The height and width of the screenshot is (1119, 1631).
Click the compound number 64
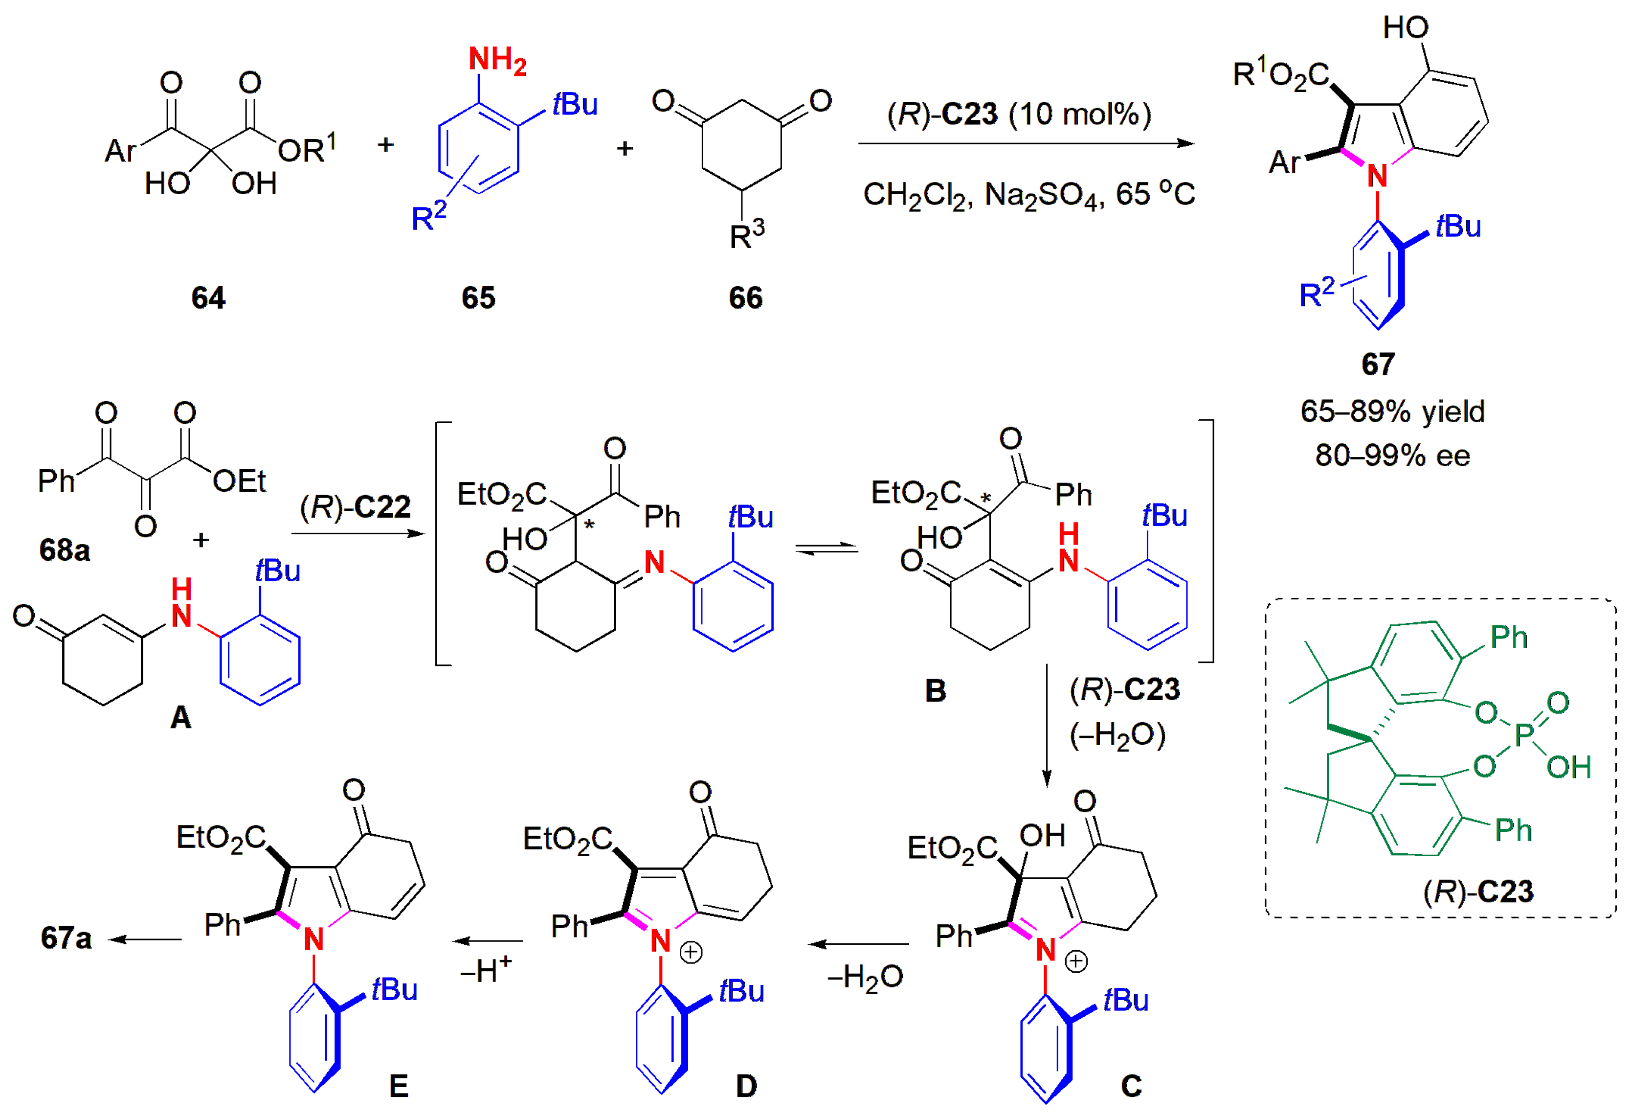(x=208, y=297)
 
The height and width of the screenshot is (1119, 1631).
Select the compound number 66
(x=745, y=297)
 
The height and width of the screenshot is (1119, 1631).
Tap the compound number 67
(x=1378, y=364)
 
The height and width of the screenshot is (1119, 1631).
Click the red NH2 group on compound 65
(x=497, y=60)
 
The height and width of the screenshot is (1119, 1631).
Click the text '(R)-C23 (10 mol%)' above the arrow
(x=1019, y=114)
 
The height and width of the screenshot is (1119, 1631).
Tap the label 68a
(x=65, y=549)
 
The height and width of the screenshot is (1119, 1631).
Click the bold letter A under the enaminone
(x=181, y=717)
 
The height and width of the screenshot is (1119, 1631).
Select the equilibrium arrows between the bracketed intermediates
(x=827, y=549)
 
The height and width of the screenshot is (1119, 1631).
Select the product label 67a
(x=66, y=938)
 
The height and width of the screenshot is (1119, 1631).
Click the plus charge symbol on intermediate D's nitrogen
(x=692, y=953)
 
